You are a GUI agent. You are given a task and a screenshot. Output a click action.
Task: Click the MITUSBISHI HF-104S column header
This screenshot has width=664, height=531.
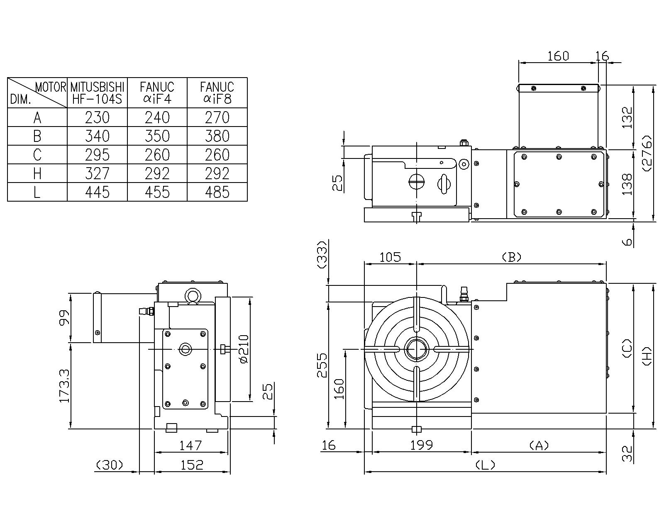click(97, 93)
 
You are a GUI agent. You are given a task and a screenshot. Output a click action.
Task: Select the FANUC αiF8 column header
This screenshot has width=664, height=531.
click(217, 93)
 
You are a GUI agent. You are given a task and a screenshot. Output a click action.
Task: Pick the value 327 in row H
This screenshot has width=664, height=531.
click(97, 173)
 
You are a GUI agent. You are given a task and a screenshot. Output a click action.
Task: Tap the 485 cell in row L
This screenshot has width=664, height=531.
click(217, 192)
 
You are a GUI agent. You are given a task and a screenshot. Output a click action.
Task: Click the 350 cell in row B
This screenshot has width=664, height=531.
click(157, 136)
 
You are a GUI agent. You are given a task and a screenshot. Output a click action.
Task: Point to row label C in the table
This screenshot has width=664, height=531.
click(37, 155)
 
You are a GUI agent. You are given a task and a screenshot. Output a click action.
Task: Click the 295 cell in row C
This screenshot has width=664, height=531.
click(97, 155)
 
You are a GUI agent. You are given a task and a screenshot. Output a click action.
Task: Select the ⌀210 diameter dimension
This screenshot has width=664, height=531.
click(244, 349)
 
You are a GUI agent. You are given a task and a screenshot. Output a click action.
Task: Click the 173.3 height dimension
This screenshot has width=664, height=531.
click(64, 386)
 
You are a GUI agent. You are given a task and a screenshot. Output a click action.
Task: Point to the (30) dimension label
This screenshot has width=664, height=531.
click(110, 465)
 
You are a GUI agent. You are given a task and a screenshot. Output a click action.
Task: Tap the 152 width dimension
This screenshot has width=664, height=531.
click(192, 465)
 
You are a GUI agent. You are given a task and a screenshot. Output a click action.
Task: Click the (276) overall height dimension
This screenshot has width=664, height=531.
click(647, 153)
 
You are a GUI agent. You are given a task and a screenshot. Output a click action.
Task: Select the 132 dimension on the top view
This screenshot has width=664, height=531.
click(627, 117)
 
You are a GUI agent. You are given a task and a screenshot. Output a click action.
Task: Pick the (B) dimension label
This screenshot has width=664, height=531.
click(511, 257)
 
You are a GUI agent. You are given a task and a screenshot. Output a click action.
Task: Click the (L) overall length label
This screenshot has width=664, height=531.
click(485, 465)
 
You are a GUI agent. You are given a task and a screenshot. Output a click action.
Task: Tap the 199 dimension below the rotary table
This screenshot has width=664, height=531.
click(422, 445)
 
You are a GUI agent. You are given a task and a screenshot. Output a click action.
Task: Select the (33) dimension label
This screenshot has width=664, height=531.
click(322, 256)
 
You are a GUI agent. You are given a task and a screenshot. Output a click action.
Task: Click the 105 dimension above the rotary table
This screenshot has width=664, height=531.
click(391, 257)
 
